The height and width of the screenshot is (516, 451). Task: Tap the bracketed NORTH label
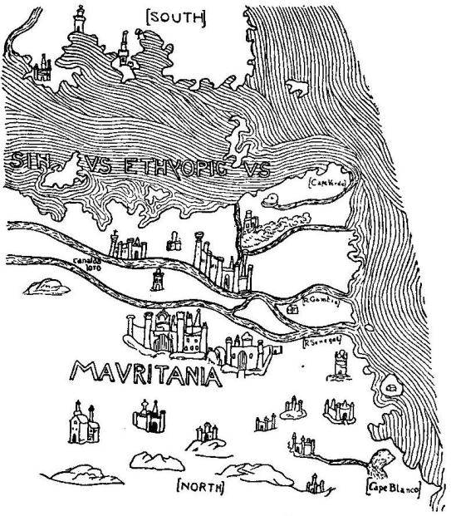point(202,486)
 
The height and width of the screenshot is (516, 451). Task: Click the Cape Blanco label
point(389,486)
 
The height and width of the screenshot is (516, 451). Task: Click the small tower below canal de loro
point(157,279)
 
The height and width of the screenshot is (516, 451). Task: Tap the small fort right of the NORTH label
point(314,484)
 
